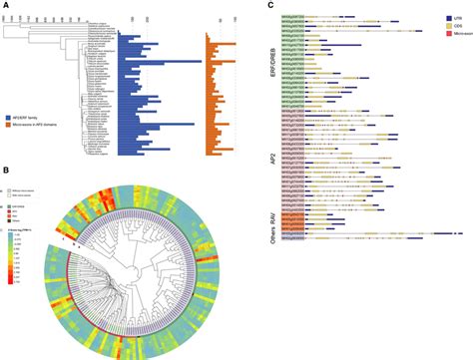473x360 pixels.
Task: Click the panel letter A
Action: click(5, 5)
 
